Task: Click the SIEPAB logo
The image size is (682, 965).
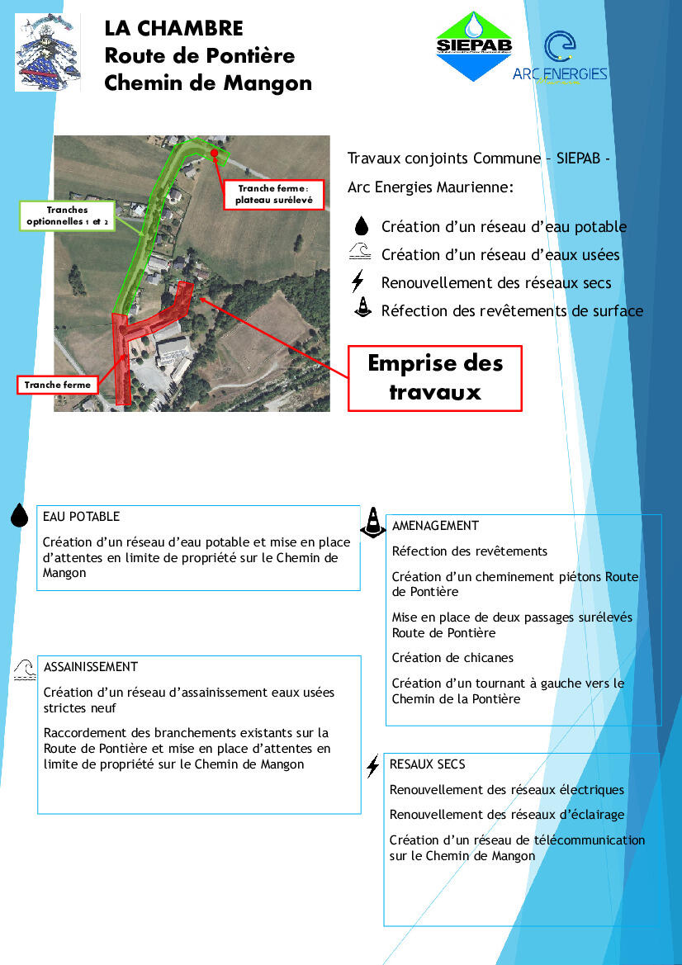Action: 474,46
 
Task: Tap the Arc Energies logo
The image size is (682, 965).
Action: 560,58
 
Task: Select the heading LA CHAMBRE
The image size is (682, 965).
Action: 173,29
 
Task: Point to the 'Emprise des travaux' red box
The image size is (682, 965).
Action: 434,377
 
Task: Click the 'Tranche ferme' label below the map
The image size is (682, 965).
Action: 57,385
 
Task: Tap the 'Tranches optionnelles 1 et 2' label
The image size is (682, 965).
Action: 66,216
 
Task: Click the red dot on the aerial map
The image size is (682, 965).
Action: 214,154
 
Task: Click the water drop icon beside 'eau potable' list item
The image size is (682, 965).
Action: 361,227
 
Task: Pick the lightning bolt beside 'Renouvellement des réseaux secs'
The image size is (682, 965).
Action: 358,282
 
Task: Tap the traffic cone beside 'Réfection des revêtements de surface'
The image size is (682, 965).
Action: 361,310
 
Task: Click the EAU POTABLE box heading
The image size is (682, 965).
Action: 81,517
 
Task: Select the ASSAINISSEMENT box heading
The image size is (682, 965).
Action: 91,667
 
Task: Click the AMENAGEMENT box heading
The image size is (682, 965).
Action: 435,526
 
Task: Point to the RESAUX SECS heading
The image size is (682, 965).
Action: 428,764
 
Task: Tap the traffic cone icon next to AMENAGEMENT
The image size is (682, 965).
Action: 373,521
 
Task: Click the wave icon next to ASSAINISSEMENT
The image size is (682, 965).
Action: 25,669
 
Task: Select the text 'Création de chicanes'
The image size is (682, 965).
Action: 452,658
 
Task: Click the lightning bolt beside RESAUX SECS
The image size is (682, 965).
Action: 373,766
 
